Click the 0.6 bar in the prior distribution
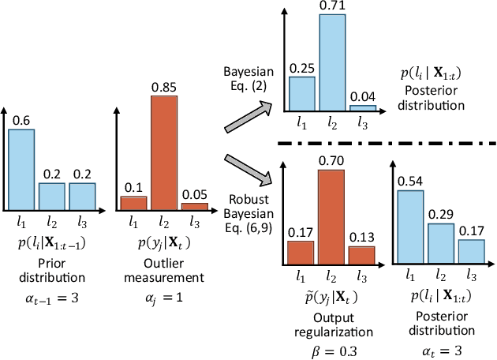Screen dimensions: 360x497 (21, 169)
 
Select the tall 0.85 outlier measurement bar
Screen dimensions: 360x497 (164, 151)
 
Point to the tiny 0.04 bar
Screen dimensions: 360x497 (362, 108)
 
